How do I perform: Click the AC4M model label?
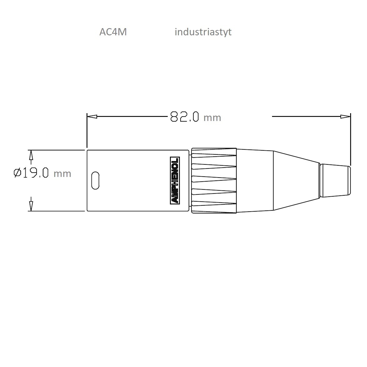pos(113,32)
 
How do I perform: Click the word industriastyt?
pos(203,32)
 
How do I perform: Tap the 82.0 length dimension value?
pos(185,116)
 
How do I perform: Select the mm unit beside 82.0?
pos(212,118)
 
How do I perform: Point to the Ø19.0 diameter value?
pos(31,173)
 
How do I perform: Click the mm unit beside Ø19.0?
pos(62,174)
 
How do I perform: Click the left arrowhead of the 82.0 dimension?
pos(92,116)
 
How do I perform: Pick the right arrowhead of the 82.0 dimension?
pos(345,116)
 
